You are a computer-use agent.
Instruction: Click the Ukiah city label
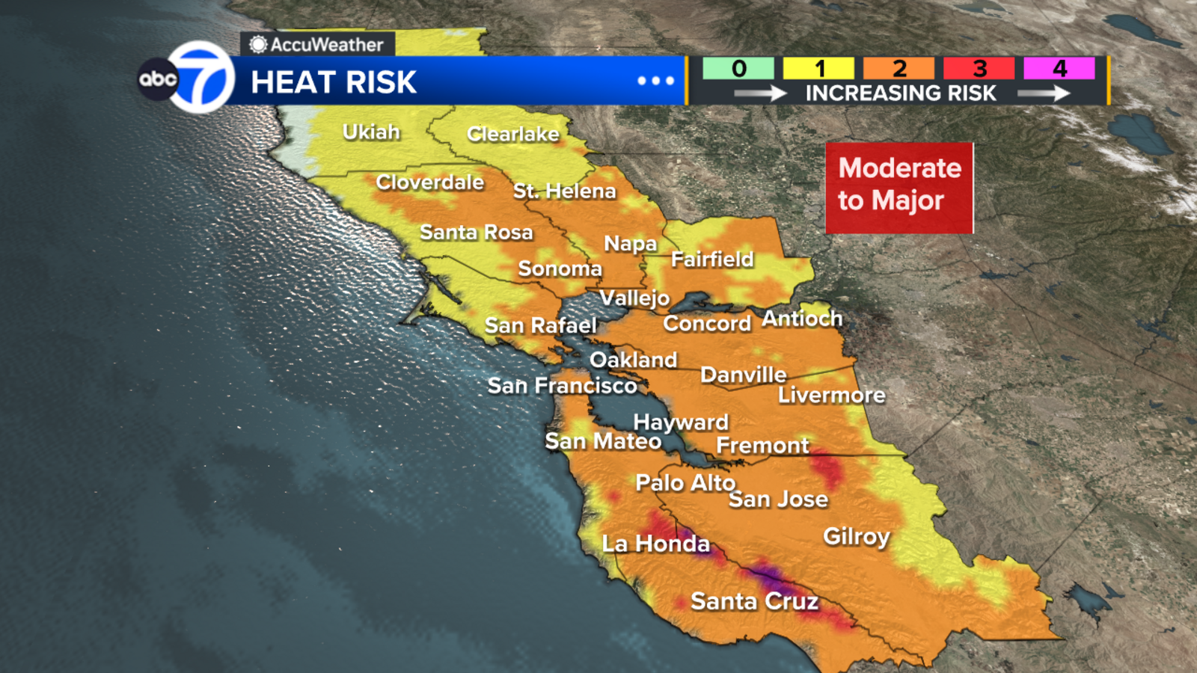pyautogui.click(x=371, y=132)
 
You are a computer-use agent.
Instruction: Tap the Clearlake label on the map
pyautogui.click(x=513, y=135)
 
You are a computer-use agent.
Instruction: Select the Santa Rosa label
pyautogui.click(x=476, y=233)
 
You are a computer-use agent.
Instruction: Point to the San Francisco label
pyautogui.click(x=562, y=386)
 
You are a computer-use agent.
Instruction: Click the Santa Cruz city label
pyautogui.click(x=754, y=601)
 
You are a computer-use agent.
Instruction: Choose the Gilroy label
pyautogui.click(x=857, y=536)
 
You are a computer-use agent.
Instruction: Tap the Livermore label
pyautogui.click(x=832, y=395)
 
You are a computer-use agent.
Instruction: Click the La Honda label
pyautogui.click(x=655, y=544)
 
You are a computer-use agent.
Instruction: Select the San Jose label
pyautogui.click(x=778, y=500)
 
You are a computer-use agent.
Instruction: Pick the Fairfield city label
pyautogui.click(x=712, y=259)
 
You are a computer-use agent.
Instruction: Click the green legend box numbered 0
pyautogui.click(x=738, y=69)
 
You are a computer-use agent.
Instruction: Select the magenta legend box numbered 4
pyautogui.click(x=1059, y=69)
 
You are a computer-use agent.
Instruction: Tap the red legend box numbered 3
pyautogui.click(x=979, y=69)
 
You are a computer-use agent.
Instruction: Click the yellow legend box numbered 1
pyautogui.click(x=818, y=69)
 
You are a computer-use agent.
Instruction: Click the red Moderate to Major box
pyautogui.click(x=899, y=188)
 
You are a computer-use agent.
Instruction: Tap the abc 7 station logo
pyautogui.click(x=187, y=77)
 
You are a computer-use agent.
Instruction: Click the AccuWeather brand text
pyautogui.click(x=326, y=45)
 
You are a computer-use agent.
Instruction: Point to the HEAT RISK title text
pyautogui.click(x=334, y=82)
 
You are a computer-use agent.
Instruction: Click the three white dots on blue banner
pyautogui.click(x=656, y=81)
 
